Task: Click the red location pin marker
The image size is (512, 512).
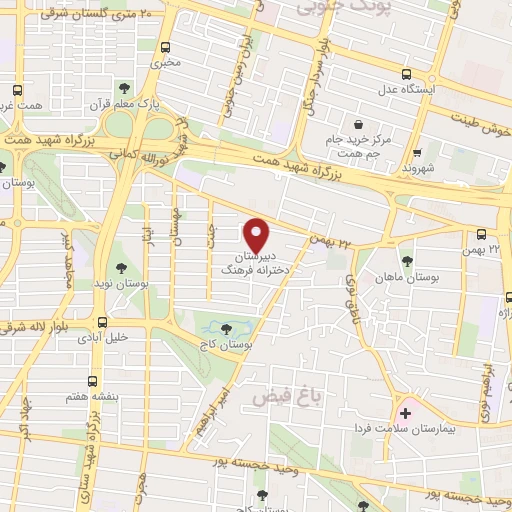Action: coord(258,234)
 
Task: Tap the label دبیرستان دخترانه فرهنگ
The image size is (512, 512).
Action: coord(257,263)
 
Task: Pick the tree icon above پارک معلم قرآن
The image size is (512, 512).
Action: coord(123,86)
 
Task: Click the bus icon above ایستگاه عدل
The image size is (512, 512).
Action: coord(406,73)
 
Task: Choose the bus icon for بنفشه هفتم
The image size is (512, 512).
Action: coord(92,380)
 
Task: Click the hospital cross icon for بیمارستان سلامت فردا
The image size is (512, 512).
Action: coord(405,412)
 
